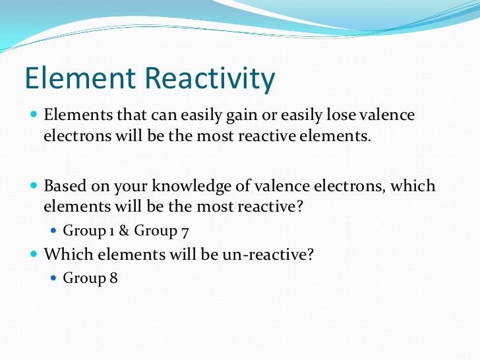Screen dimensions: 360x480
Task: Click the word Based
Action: [63, 186]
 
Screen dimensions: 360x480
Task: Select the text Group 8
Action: [90, 278]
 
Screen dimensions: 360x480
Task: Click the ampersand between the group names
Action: [124, 231]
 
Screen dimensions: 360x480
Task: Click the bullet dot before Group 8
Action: [54, 278]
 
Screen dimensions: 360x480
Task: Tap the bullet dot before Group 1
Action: [54, 231]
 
